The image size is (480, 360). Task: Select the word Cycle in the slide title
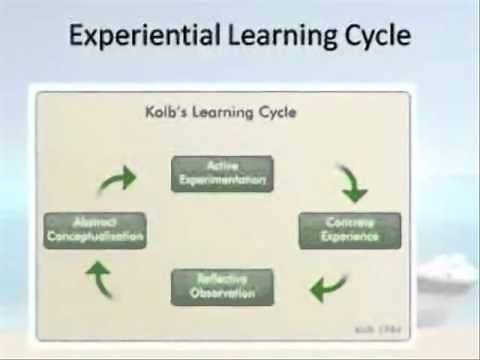[372, 37]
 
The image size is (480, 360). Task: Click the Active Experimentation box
[222, 173]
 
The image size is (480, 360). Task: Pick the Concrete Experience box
[350, 230]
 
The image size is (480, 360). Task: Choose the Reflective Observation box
[222, 286]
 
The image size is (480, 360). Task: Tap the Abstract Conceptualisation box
[96, 230]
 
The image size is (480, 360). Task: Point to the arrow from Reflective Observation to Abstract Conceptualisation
[101, 279]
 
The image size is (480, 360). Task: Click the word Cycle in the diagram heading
[276, 112]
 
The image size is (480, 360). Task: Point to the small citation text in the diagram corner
[383, 327]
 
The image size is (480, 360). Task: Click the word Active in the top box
[221, 166]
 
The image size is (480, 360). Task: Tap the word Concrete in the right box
[350, 223]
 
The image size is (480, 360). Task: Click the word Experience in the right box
[350, 237]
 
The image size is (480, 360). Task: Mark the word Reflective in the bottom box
[222, 279]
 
